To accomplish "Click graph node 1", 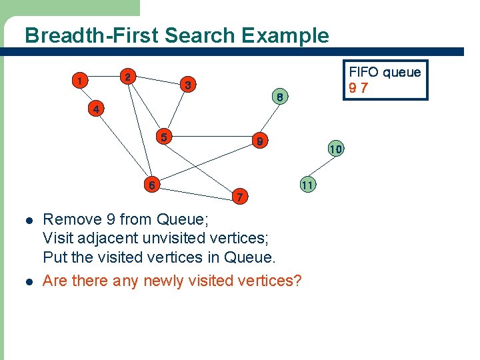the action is click(x=79, y=81).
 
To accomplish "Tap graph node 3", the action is click(x=189, y=85).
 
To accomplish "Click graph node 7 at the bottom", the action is click(x=241, y=196).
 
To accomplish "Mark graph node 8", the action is click(x=281, y=97).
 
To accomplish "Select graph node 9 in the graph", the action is click(x=261, y=141).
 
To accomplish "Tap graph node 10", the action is click(x=335, y=149).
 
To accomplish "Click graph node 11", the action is click(x=307, y=184).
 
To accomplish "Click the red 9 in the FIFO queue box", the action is click(x=353, y=88).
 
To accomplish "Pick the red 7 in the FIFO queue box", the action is click(x=364, y=88).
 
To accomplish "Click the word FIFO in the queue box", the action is click(x=364, y=72).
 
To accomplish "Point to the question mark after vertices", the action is click(x=297, y=281).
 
